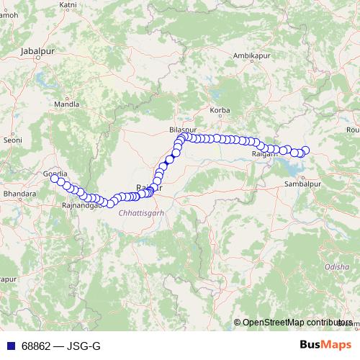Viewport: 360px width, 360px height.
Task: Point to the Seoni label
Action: [14, 140]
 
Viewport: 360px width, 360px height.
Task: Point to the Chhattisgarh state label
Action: [141, 213]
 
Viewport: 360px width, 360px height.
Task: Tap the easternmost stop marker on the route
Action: [305, 150]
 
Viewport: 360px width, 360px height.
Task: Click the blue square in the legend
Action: [9, 346]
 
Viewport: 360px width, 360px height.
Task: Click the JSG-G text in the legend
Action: [84, 346]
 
